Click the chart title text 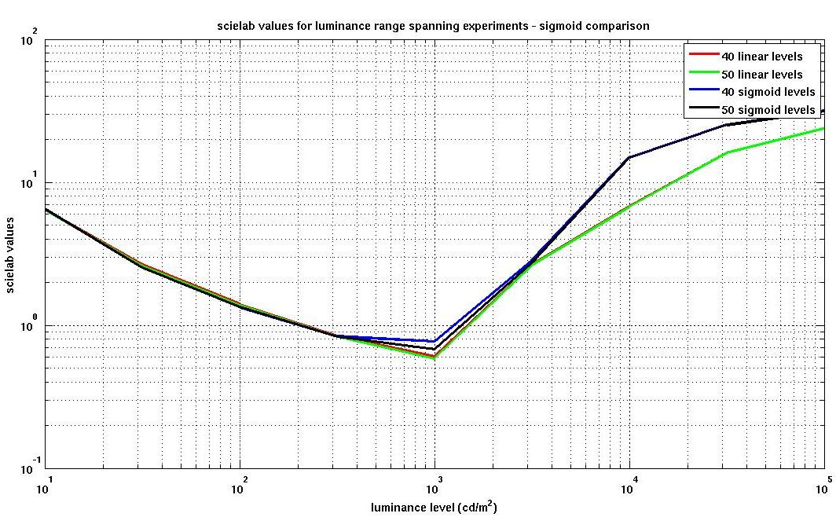coord(433,26)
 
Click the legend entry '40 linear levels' coord(761,57)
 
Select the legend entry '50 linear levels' coord(761,75)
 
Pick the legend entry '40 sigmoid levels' coord(768,92)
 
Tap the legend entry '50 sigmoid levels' coord(768,110)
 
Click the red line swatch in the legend coord(704,57)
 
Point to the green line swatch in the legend coord(704,75)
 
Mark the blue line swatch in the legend coord(704,92)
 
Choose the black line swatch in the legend coord(704,110)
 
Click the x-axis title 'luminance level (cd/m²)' coord(433,507)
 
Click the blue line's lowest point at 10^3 coord(434,341)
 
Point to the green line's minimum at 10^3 coord(434,357)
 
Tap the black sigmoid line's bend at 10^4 coord(629,158)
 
